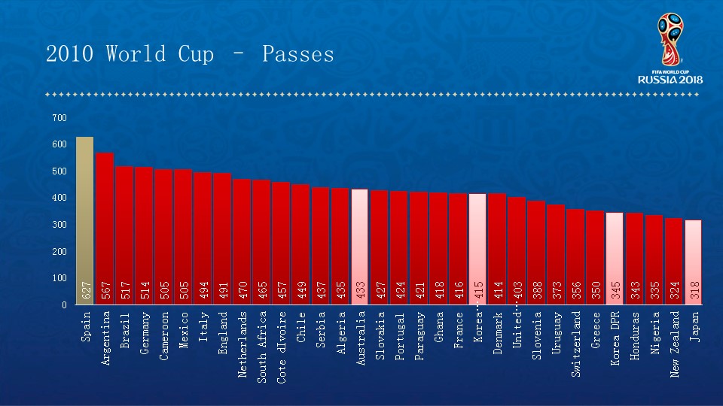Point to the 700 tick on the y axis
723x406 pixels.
59,118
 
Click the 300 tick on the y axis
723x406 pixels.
59,225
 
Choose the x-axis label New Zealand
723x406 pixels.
674,345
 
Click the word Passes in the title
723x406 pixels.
297,54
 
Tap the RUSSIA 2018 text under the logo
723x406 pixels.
670,80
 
